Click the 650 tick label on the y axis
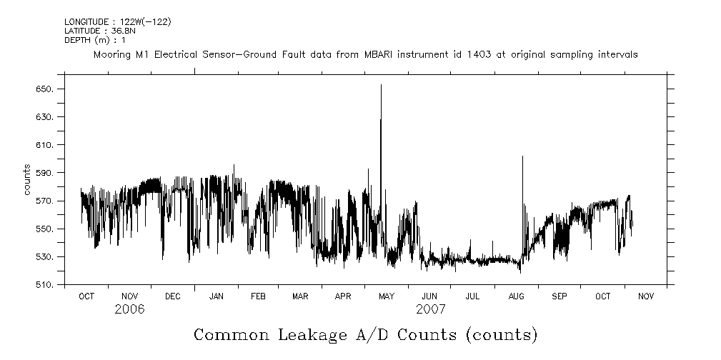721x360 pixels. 45,89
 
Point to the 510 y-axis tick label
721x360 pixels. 45,285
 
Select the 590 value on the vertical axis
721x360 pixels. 45,173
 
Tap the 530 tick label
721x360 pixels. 45,257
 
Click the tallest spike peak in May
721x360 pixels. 381,85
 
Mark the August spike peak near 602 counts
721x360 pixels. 522,156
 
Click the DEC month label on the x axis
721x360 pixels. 172,296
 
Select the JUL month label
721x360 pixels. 472,296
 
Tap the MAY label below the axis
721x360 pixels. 387,296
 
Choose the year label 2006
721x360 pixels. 129,309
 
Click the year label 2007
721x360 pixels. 430,309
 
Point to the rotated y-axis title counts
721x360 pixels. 27,180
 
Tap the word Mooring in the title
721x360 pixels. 111,54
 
